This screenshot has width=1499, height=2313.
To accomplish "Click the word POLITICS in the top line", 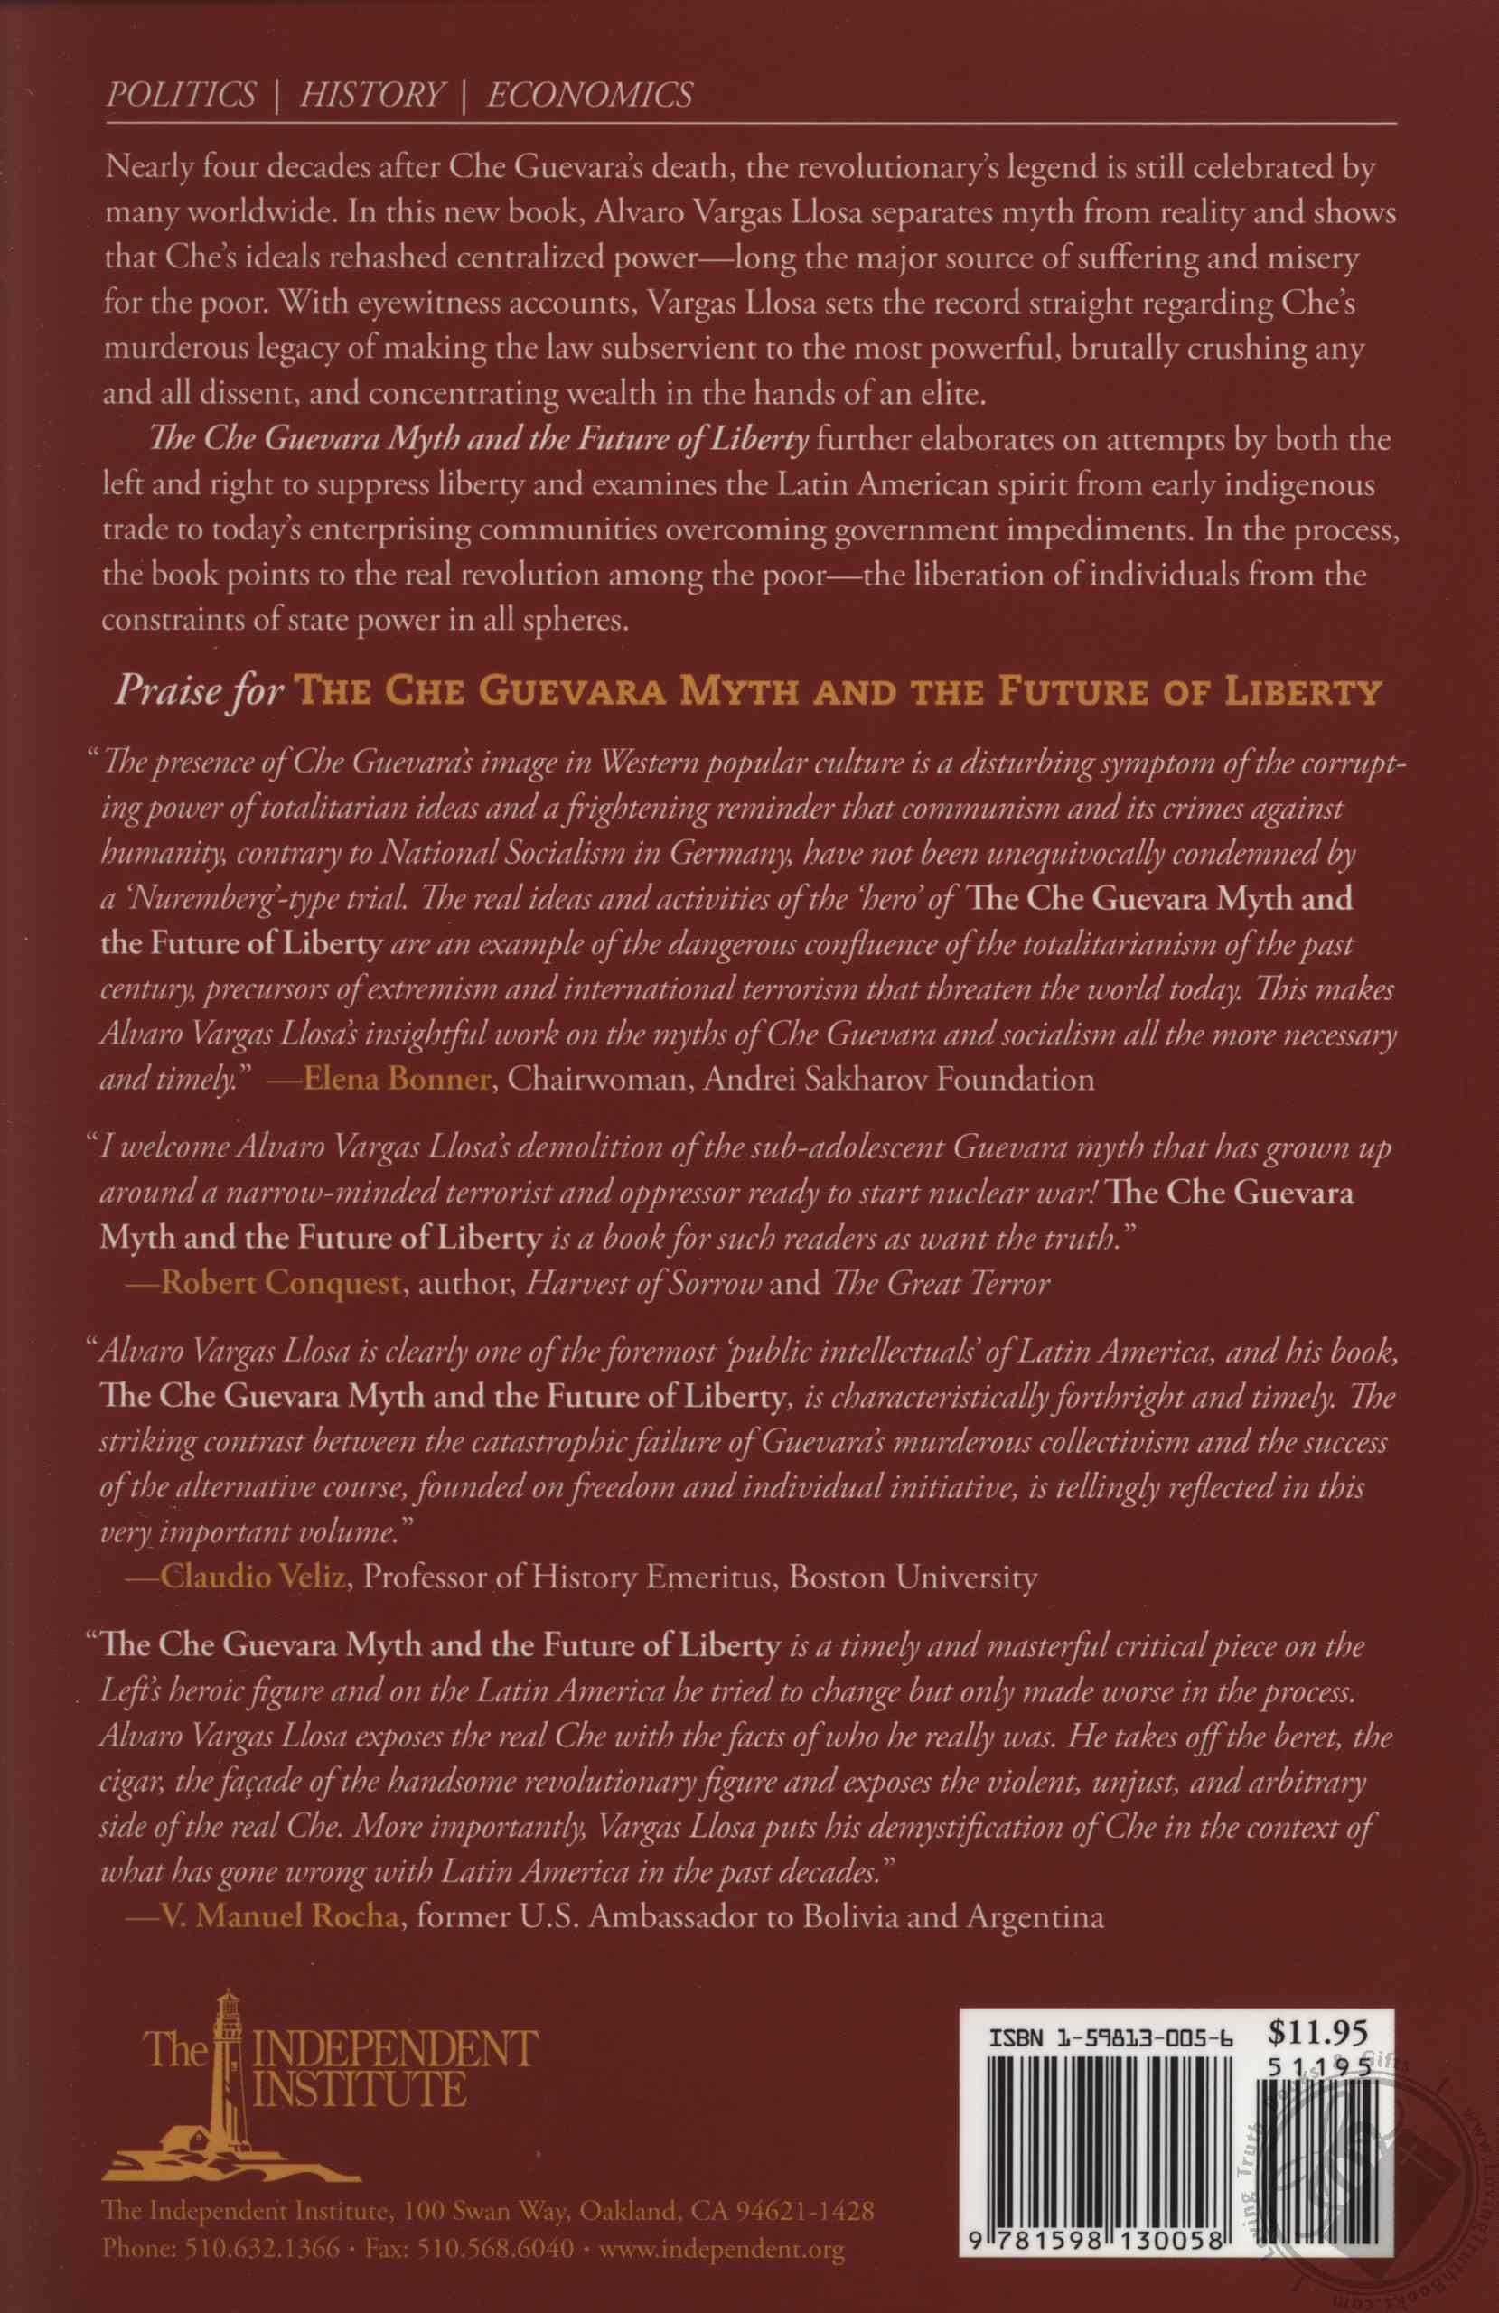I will [181, 94].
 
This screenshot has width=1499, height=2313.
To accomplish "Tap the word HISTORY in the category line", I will [371, 94].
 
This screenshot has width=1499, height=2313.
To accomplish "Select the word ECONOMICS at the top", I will [589, 94].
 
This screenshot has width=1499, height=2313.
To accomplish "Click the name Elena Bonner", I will [397, 1080].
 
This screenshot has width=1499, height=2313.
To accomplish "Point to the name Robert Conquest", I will [280, 1284].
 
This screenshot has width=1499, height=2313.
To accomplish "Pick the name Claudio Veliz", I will [252, 1577].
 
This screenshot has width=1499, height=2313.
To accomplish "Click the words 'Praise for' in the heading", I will [200, 690].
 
